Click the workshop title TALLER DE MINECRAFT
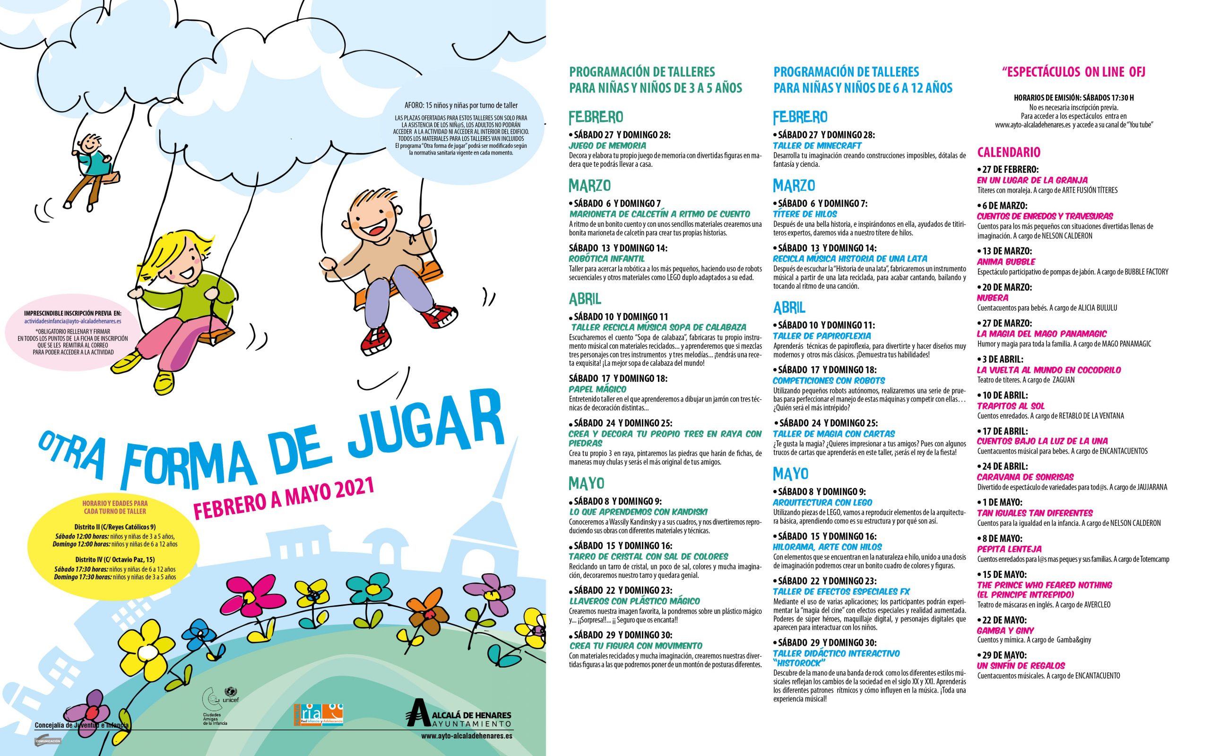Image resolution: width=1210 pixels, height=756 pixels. click(817, 146)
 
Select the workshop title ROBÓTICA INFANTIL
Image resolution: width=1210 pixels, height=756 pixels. click(606, 258)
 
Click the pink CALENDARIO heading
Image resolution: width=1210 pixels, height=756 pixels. click(1009, 152)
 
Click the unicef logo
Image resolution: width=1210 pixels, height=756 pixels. click(231, 696)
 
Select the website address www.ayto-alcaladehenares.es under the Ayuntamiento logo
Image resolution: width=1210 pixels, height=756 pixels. click(466, 736)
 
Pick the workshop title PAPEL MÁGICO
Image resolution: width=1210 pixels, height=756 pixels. click(597, 388)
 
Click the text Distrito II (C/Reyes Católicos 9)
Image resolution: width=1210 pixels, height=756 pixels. click(114, 526)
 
